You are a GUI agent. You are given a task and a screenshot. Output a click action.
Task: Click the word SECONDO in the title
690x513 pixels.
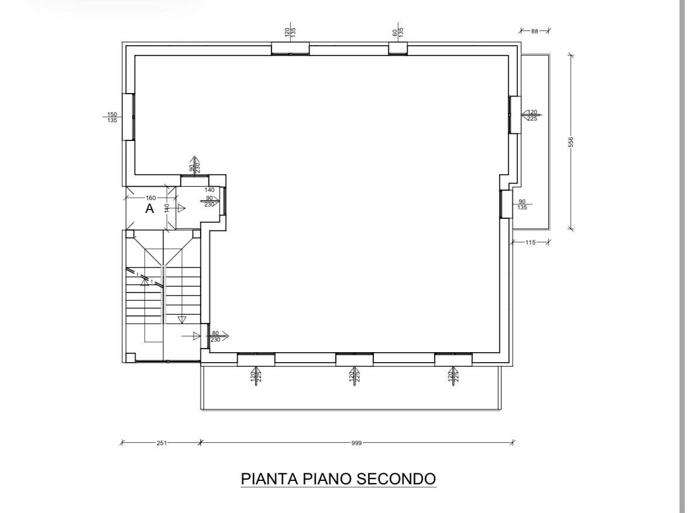pyautogui.click(x=396, y=478)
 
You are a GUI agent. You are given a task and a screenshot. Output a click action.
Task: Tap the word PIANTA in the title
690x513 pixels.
pyautogui.click(x=269, y=478)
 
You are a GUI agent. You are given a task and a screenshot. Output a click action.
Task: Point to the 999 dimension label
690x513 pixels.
pyautogui.click(x=356, y=443)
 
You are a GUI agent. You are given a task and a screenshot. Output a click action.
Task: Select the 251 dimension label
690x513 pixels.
pyautogui.click(x=162, y=443)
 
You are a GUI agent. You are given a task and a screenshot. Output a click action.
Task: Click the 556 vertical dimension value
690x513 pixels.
pyautogui.click(x=571, y=142)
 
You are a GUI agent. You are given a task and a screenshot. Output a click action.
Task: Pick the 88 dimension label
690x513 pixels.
pyautogui.click(x=535, y=31)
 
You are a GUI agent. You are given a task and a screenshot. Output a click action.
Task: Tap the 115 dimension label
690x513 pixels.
pyautogui.click(x=530, y=242)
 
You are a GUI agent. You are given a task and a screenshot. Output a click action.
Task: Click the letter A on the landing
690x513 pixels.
pyautogui.click(x=150, y=209)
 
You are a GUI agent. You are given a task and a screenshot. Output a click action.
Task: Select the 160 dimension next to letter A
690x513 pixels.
pyautogui.click(x=150, y=198)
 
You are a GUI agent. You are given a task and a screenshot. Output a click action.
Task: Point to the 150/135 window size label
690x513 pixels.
pyautogui.click(x=112, y=117)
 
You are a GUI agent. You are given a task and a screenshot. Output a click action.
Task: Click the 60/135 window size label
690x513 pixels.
pyautogui.click(x=398, y=32)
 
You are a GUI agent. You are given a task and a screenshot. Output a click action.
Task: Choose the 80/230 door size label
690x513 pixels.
pyautogui.click(x=215, y=336)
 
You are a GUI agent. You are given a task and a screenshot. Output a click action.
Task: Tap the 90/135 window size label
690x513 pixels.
pyautogui.click(x=522, y=205)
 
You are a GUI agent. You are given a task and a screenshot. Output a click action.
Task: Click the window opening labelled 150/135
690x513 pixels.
pyautogui.click(x=129, y=116)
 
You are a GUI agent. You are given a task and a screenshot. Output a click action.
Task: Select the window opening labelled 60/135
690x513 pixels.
pyautogui.click(x=398, y=49)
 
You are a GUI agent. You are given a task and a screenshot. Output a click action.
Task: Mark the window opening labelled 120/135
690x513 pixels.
pyautogui.click(x=290, y=49)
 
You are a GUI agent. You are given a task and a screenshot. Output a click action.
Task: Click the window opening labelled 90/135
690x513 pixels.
pyautogui.click(x=506, y=204)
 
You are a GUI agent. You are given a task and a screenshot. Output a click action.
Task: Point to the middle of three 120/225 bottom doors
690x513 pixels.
pyautogui.click(x=355, y=360)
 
